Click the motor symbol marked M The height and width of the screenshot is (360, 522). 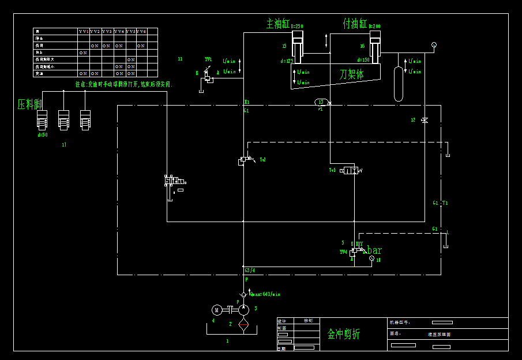coord(217,310)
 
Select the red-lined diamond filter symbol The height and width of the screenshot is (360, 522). coord(244,324)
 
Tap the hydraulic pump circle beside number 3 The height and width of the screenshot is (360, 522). coord(244,310)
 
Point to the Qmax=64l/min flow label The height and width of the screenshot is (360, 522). coord(265,294)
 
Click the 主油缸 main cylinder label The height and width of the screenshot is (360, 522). coord(277,24)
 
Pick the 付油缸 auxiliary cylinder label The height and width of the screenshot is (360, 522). coord(355,24)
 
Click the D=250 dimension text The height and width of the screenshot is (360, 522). coord(297,27)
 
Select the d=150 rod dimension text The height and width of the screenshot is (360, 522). coord(363,60)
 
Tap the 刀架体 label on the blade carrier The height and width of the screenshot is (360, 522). coord(351,74)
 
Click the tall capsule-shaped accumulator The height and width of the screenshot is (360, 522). coord(399,84)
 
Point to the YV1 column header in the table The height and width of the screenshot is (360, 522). coord(84,31)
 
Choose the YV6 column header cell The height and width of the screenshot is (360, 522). coord(141,31)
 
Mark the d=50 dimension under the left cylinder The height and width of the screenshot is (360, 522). coord(43,135)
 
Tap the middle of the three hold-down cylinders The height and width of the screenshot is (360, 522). coord(64,120)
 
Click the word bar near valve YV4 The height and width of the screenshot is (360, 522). coord(374,250)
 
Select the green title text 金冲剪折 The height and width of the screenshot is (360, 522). coord(344,334)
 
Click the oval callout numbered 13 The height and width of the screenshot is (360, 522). coord(321,102)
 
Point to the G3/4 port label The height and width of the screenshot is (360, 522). coord(250,270)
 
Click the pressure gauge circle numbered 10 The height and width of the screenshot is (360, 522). coord(371,260)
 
